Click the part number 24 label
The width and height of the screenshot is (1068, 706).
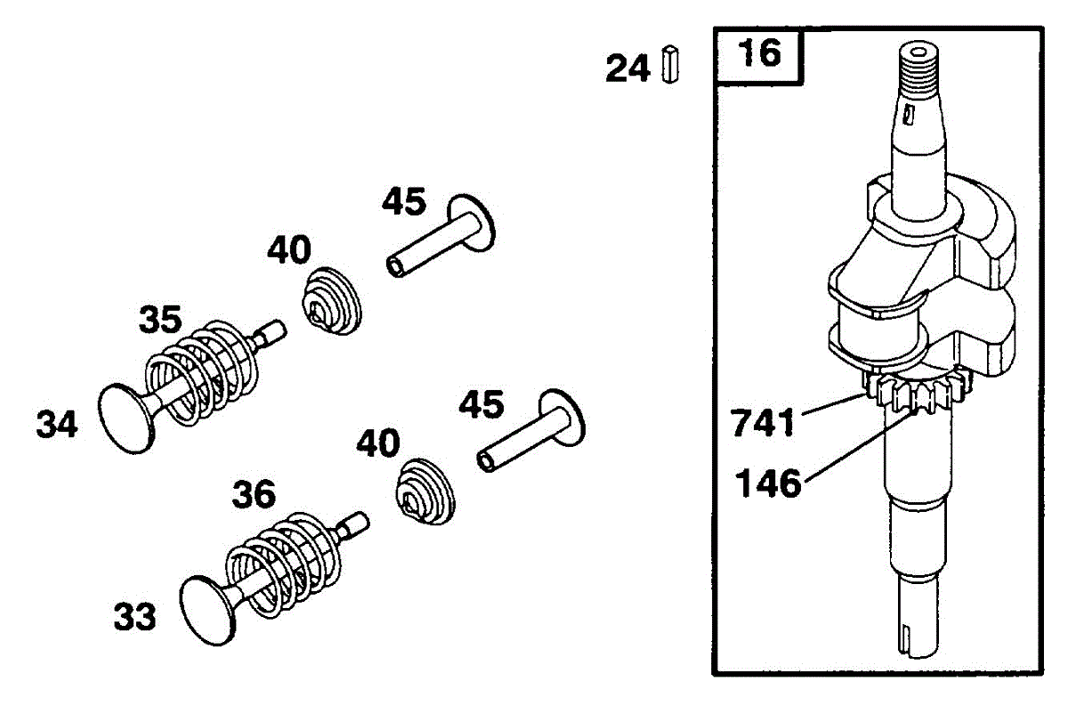point(627,68)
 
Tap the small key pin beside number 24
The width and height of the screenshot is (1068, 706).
point(670,64)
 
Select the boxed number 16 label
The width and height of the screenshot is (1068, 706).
point(760,55)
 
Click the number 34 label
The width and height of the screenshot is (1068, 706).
point(57,425)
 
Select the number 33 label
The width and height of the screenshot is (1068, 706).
point(134,615)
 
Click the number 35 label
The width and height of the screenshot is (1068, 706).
point(160,319)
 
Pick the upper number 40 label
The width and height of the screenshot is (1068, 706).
point(289,251)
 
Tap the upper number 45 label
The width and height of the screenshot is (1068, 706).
point(404,202)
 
